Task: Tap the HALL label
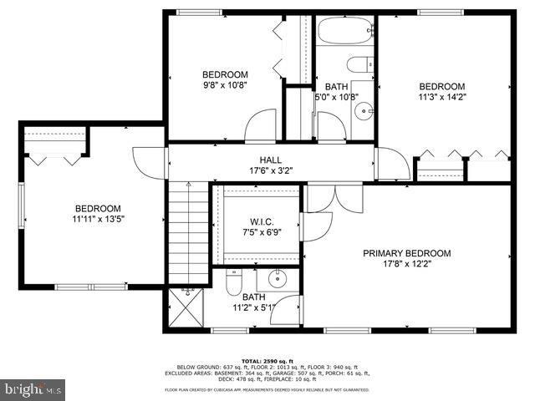click(x=270, y=160)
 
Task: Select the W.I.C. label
click(x=256, y=221)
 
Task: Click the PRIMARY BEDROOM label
click(x=407, y=253)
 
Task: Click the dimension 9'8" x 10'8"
click(x=225, y=84)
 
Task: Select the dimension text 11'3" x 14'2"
click(x=441, y=97)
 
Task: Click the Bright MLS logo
click(x=33, y=388)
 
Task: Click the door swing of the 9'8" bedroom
click(x=262, y=125)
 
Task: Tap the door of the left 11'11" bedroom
click(x=148, y=161)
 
